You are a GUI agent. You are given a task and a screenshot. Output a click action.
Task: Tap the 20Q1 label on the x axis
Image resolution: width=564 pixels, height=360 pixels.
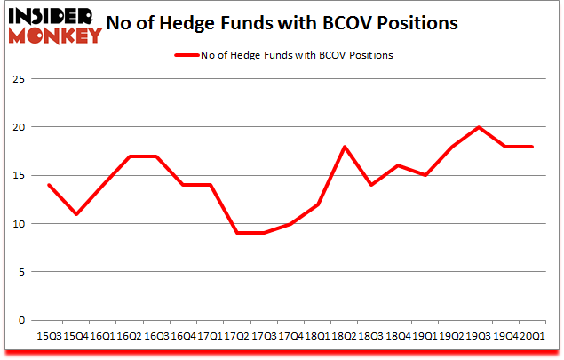pyautogui.click(x=531, y=338)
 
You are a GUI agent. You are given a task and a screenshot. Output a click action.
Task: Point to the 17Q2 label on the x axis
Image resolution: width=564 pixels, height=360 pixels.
pyautogui.click(x=235, y=338)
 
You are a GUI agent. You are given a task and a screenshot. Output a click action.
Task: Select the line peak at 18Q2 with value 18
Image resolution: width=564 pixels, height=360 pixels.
pyautogui.click(x=344, y=147)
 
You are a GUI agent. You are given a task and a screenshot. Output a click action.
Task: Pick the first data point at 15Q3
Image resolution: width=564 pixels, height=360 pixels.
pyautogui.click(x=48, y=185)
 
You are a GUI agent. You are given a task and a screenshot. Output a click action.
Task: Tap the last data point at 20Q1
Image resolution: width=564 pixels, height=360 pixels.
pyautogui.click(x=531, y=147)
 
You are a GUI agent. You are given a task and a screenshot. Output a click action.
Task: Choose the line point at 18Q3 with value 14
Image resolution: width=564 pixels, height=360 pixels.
pyautogui.click(x=370, y=185)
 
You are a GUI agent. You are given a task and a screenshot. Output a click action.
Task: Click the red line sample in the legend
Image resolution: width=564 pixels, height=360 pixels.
pyautogui.click(x=189, y=55)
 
